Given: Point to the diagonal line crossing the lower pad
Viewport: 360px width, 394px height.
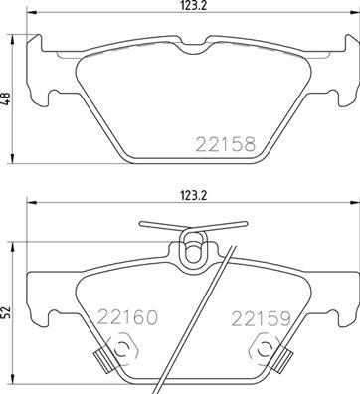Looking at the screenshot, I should (214, 318).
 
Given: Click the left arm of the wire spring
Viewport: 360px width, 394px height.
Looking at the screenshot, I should (158, 224).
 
